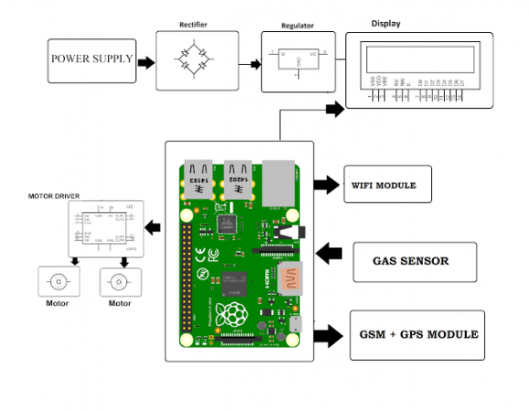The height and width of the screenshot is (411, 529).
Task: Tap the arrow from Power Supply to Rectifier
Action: coord(143,61)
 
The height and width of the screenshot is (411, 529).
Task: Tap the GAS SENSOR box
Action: coord(411,261)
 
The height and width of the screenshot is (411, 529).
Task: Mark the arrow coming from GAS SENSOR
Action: coord(326,252)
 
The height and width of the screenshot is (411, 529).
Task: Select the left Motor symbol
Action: coord(60,280)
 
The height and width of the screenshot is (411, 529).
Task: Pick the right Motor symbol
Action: coord(119,280)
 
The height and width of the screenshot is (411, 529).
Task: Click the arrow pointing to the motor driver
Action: coord(155,227)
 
